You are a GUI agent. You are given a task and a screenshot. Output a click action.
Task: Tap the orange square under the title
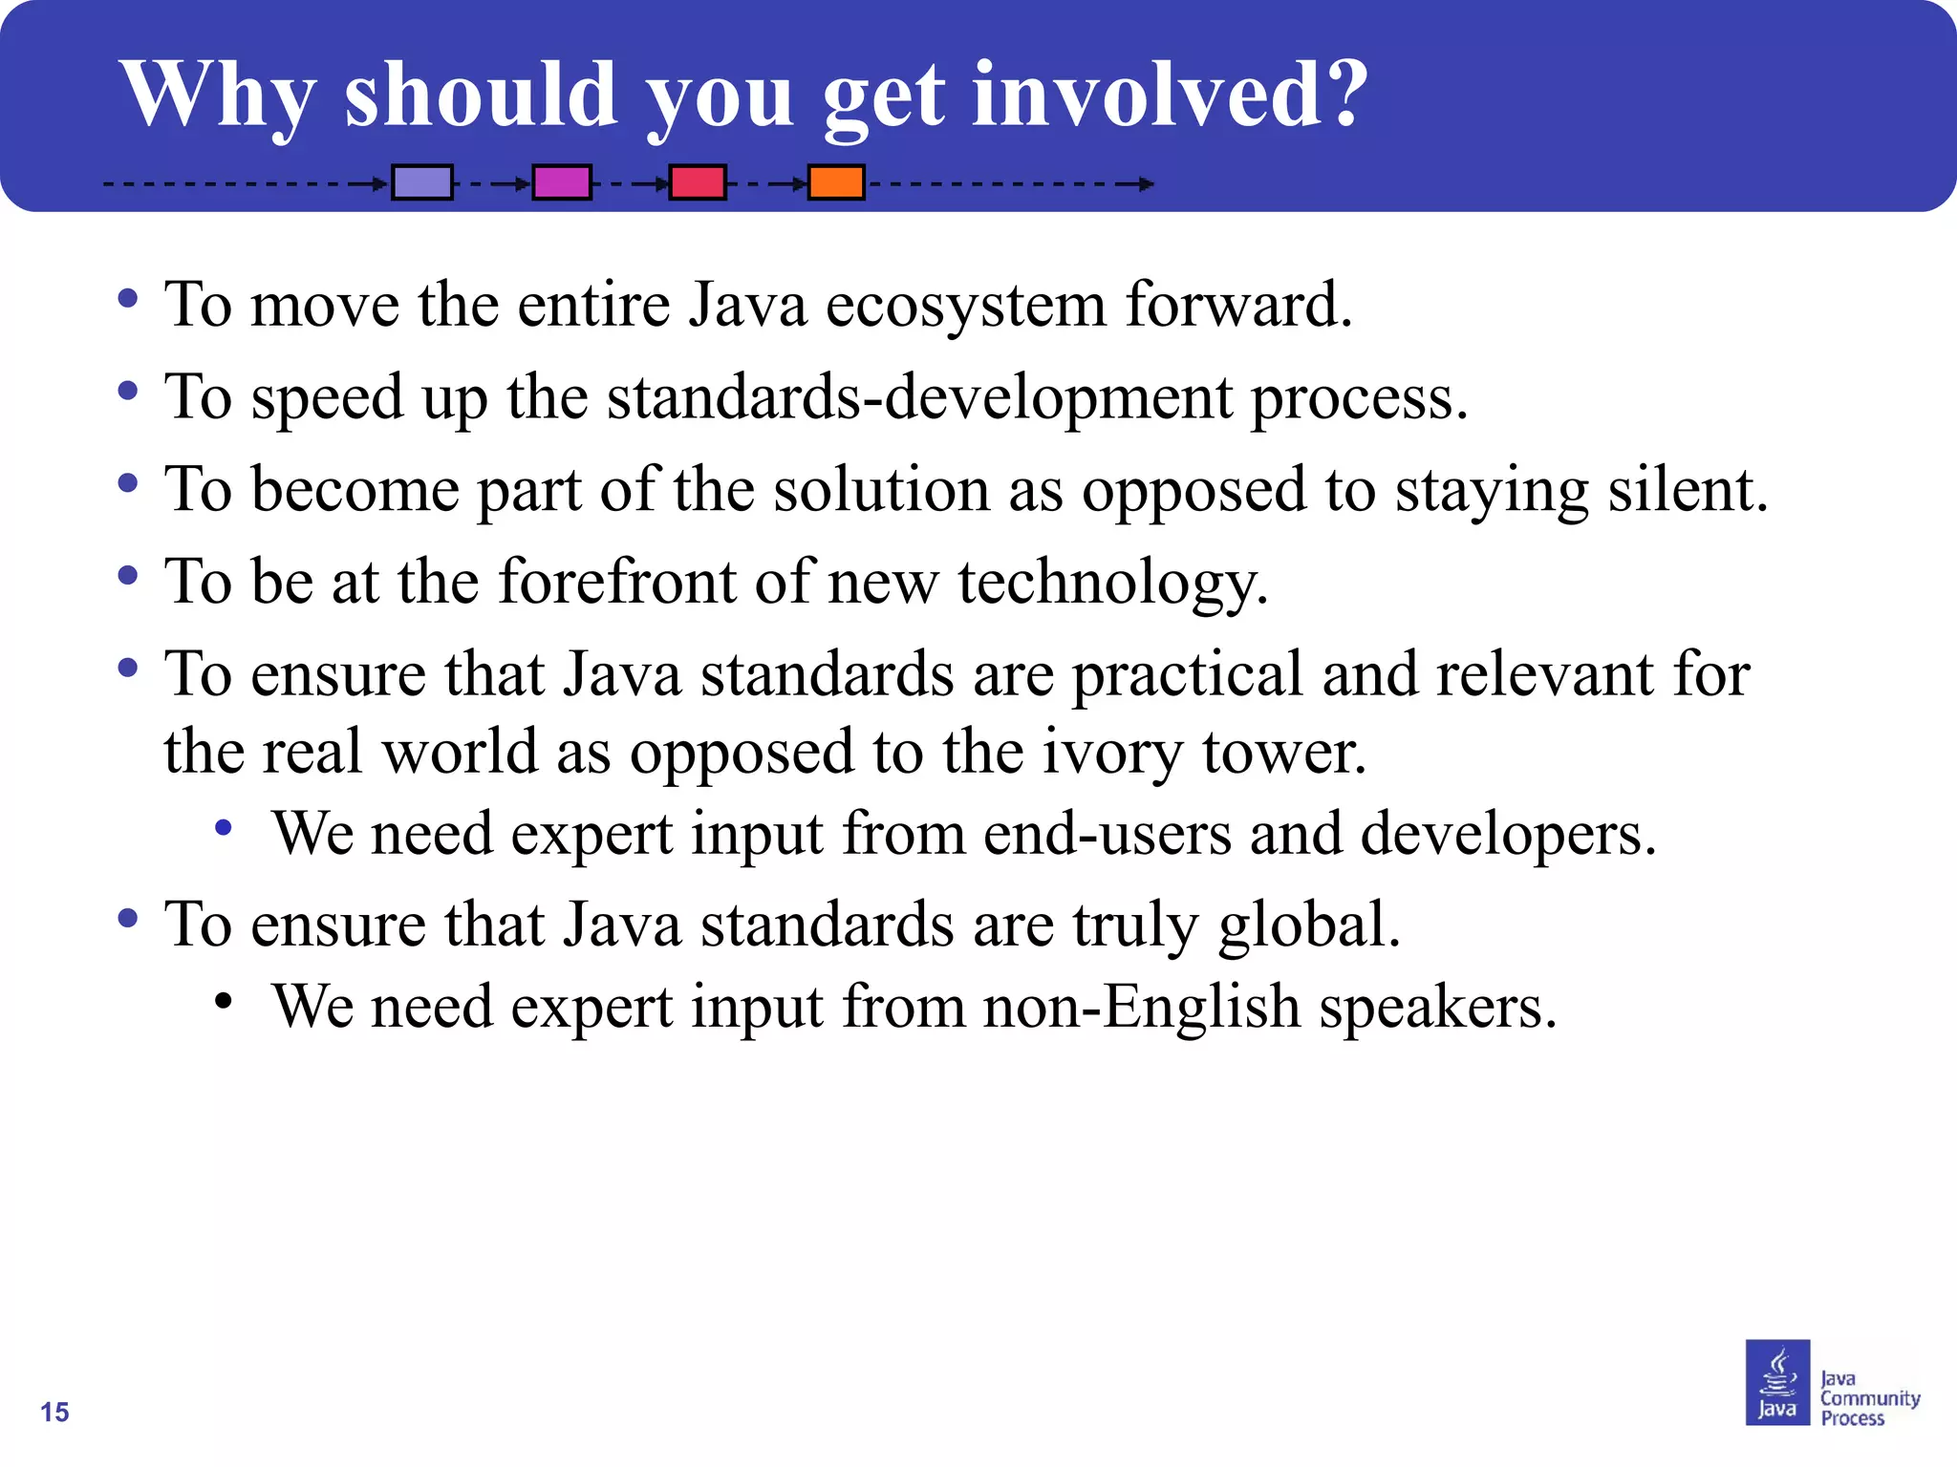pyautogui.click(x=836, y=181)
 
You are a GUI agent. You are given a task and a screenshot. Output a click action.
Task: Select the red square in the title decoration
pyautogui.click(x=697, y=181)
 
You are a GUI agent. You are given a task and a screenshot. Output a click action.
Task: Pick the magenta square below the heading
pyautogui.click(x=561, y=181)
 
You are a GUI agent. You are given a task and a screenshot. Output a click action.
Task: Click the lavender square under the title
pyautogui.click(x=422, y=181)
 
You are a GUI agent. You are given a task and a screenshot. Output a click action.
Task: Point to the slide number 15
pyautogui.click(x=54, y=1412)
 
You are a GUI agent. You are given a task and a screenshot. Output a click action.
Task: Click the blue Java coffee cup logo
pyautogui.click(x=1777, y=1382)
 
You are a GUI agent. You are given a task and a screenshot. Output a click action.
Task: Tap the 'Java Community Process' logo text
pyautogui.click(x=1868, y=1398)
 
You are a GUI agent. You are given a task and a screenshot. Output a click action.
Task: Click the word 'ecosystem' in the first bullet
pyautogui.click(x=965, y=305)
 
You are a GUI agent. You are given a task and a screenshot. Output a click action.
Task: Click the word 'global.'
pyautogui.click(x=1309, y=925)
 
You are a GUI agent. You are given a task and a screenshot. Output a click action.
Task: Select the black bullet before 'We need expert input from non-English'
pyautogui.click(x=224, y=1001)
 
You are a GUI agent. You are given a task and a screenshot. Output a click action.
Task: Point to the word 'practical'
pyautogui.click(x=1187, y=674)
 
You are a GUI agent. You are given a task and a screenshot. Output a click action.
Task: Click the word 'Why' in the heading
pyautogui.click(x=218, y=96)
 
